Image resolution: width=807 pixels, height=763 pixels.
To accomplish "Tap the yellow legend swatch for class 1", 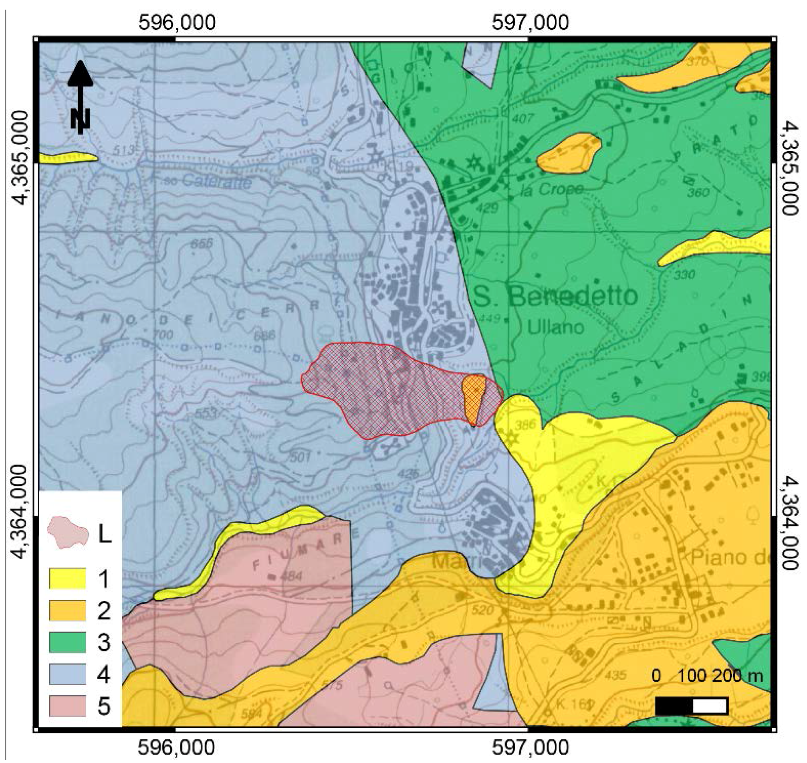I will tap(67, 578).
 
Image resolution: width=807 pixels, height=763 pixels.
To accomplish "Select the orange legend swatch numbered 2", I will tap(67, 610).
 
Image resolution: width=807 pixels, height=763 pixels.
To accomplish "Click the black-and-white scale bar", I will tap(691, 706).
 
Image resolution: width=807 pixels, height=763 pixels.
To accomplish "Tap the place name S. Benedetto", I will tap(555, 296).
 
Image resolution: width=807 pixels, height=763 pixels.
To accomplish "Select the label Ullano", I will tap(555, 327).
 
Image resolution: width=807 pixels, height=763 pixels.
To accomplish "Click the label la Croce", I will tap(552, 190).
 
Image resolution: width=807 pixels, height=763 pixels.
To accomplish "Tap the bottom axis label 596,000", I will tap(177, 747).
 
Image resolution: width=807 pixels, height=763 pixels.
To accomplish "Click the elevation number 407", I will tap(523, 119).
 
